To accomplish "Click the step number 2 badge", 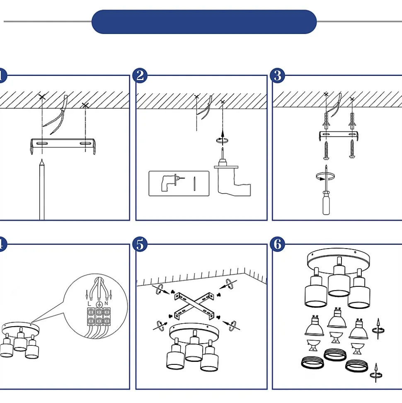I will pyautogui.click(x=140, y=76).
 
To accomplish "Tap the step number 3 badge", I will pyautogui.click(x=277, y=76).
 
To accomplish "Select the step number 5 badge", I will pyautogui.click(x=140, y=244).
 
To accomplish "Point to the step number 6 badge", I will pyautogui.click(x=277, y=244).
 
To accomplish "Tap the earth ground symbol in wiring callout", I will pyautogui.click(x=99, y=305).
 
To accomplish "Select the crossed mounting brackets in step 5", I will pyautogui.click(x=194, y=305).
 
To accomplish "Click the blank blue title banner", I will pyautogui.click(x=204, y=22).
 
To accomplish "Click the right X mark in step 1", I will pyautogui.click(x=85, y=106).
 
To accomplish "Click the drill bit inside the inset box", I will pyautogui.click(x=194, y=183).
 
